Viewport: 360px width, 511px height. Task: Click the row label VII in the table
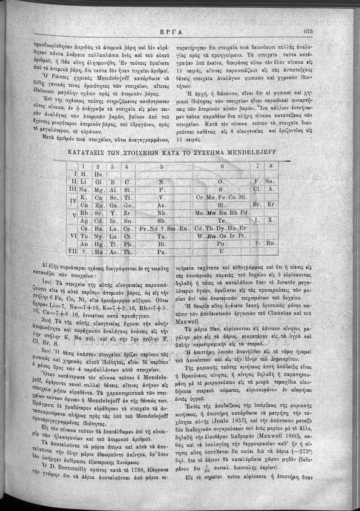(71, 252)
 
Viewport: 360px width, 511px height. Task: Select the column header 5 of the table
(161, 167)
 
